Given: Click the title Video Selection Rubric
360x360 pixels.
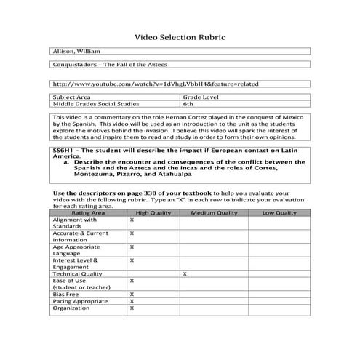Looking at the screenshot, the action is pyautogui.click(x=180, y=36).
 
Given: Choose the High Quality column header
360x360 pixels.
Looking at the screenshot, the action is pyautogui.click(x=153, y=212).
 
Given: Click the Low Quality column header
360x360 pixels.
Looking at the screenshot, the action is pyautogui.click(x=279, y=212).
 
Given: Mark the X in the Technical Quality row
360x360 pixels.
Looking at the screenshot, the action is pyautogui.click(x=185, y=273).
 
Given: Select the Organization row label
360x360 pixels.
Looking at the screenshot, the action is pyautogui.click(x=72, y=308).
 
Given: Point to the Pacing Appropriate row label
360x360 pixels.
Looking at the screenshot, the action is pyautogui.click(x=80, y=300).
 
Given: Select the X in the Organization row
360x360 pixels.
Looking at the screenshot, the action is pyautogui.click(x=132, y=308).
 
